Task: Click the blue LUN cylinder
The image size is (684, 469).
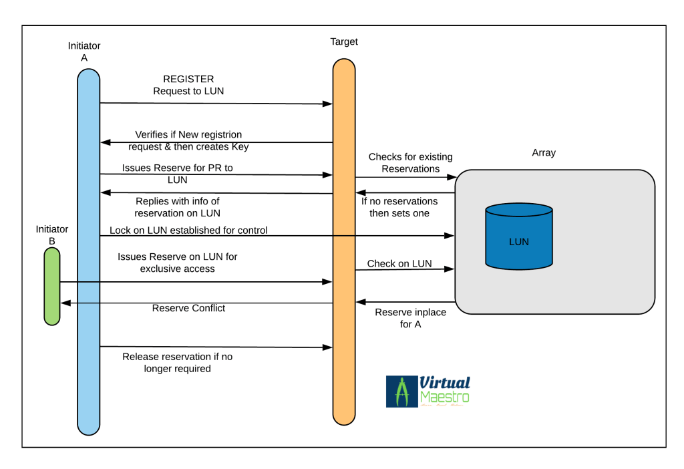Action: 518,238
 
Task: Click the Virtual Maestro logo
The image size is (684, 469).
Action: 428,392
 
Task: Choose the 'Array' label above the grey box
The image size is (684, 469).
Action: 544,152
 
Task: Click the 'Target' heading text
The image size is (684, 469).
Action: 344,41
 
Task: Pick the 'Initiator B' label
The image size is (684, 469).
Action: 52,235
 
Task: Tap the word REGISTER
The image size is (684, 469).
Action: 188,79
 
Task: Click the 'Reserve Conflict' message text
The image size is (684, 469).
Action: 188,308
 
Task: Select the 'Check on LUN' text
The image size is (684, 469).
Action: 399,263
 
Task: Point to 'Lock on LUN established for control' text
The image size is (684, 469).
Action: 188,230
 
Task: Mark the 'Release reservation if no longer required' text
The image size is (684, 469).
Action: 178,363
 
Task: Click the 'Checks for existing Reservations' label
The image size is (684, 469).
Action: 410,163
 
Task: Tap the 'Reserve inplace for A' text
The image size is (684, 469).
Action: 410,318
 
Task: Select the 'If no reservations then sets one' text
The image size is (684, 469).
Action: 399,207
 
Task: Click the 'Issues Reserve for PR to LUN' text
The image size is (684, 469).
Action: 178,174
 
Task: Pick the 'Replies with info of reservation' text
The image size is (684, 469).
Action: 178,207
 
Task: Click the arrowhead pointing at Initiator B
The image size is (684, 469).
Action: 64,303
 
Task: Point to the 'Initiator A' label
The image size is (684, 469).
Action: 84,51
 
